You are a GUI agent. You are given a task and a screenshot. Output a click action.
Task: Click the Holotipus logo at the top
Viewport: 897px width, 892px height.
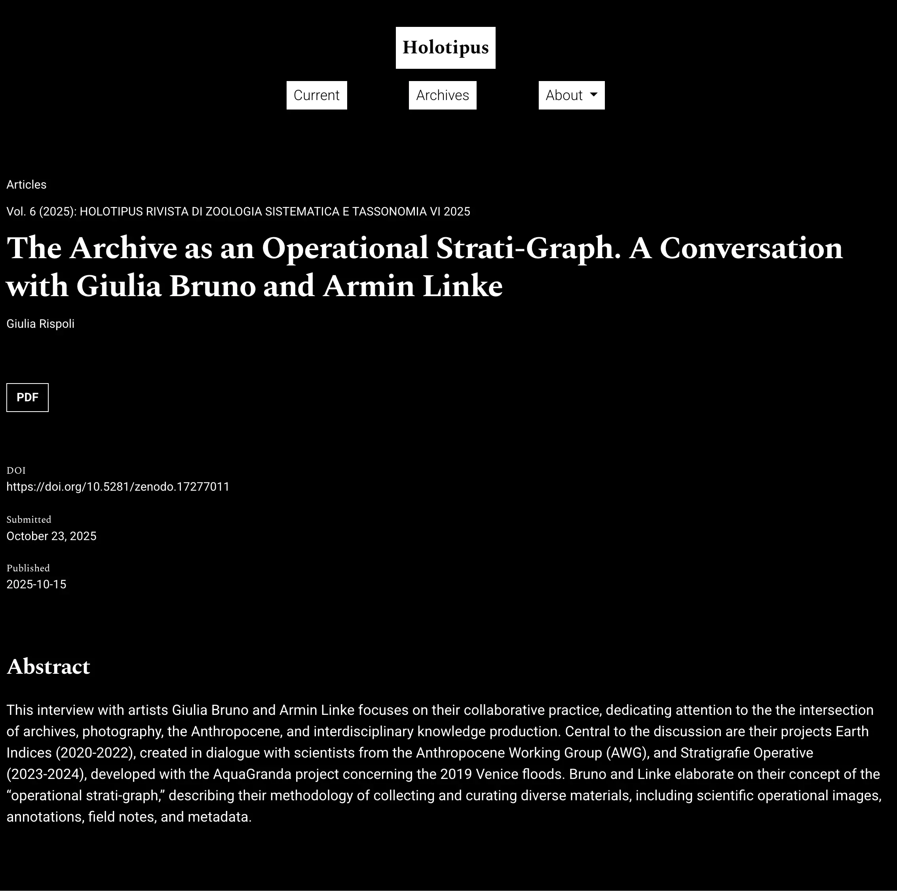[445, 48]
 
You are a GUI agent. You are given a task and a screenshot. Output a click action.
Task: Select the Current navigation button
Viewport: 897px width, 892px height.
[316, 95]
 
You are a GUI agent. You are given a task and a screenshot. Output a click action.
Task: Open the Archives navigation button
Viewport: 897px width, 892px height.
[443, 95]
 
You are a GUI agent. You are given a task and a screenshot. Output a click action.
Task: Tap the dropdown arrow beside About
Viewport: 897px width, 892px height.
[593, 94]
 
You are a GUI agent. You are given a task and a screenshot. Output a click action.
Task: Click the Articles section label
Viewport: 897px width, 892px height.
[27, 185]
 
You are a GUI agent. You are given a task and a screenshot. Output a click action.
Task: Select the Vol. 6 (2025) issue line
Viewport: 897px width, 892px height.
[238, 212]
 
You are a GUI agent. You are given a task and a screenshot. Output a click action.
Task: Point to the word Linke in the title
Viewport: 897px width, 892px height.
[462, 287]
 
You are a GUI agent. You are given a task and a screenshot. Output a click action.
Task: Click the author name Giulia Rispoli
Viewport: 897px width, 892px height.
[40, 324]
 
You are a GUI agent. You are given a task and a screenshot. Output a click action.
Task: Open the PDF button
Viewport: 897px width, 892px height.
[27, 397]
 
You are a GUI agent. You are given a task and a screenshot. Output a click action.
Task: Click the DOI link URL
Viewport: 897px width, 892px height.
[118, 487]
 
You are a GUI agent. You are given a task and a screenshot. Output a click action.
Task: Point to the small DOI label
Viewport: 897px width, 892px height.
[16, 471]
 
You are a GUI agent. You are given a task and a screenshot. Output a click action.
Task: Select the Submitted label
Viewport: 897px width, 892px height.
[29, 520]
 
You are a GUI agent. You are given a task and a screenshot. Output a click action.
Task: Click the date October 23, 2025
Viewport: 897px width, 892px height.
[51, 536]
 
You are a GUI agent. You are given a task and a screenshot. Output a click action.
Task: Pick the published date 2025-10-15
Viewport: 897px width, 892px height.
[36, 584]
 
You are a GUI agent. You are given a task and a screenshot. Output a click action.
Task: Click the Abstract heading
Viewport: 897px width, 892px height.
[49, 667]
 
